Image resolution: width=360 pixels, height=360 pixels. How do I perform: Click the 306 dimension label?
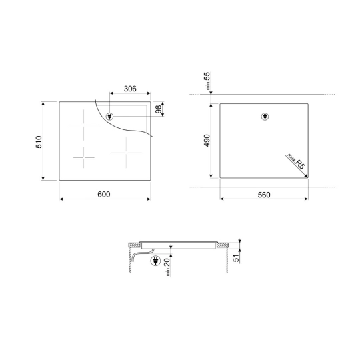coord(130,89)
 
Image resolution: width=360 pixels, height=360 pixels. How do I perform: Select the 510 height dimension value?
coord(39,142)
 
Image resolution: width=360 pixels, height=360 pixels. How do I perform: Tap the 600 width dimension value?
coord(104,194)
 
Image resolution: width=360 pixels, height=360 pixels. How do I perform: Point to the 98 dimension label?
coord(159,109)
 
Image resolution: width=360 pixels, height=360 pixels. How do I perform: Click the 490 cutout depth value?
coord(207,141)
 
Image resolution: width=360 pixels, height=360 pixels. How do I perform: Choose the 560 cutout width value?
coord(264,195)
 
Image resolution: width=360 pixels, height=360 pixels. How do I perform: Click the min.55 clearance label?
coord(207,81)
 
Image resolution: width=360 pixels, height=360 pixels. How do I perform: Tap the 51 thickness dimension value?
coord(236,258)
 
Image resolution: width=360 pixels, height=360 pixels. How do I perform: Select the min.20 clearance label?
coord(167,267)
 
